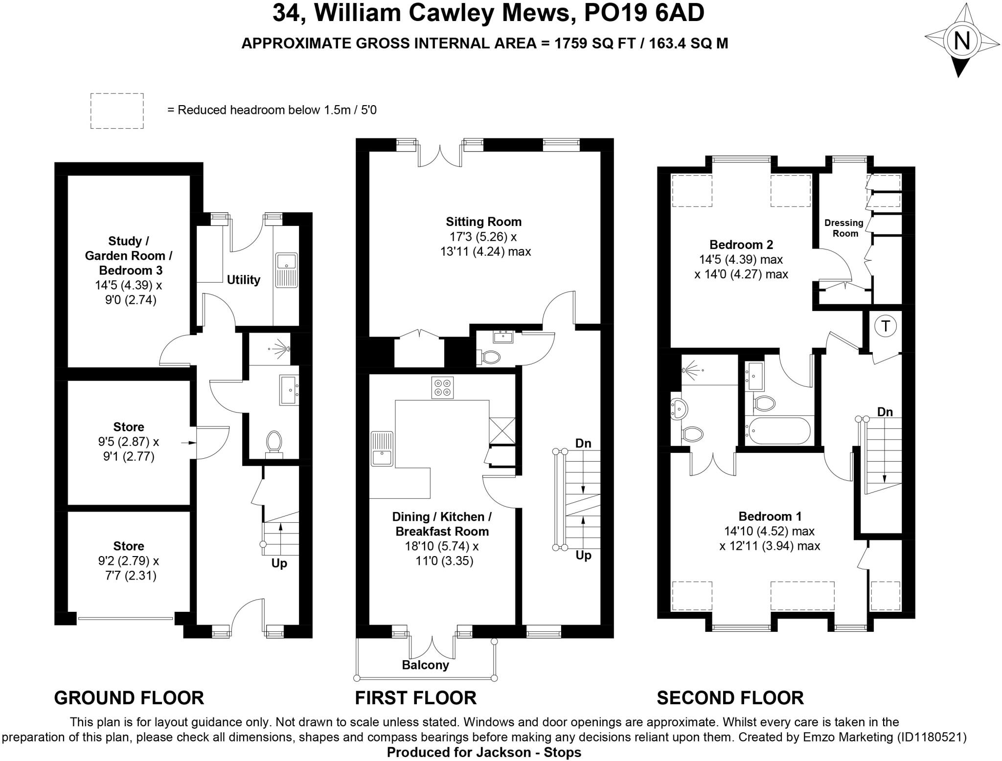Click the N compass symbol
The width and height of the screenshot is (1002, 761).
(961, 40)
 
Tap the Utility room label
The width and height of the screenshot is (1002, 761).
(243, 280)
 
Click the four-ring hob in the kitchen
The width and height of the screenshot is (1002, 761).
(442, 387)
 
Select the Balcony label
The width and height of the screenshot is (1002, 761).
(425, 665)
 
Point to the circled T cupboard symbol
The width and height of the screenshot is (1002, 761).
(886, 326)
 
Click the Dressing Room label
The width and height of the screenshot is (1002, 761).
(844, 228)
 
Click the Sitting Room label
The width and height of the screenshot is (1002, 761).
(483, 222)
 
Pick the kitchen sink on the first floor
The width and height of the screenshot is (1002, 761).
(382, 448)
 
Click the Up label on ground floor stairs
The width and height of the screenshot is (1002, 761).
(279, 563)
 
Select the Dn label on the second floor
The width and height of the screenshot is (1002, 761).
(885, 412)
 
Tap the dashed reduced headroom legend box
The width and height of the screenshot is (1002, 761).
(117, 111)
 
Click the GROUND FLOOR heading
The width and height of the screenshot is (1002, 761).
(129, 698)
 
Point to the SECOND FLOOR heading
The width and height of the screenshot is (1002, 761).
(730, 698)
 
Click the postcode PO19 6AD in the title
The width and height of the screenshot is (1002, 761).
(644, 13)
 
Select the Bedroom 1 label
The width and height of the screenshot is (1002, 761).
(770, 516)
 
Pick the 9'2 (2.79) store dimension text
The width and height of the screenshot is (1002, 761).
(129, 560)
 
